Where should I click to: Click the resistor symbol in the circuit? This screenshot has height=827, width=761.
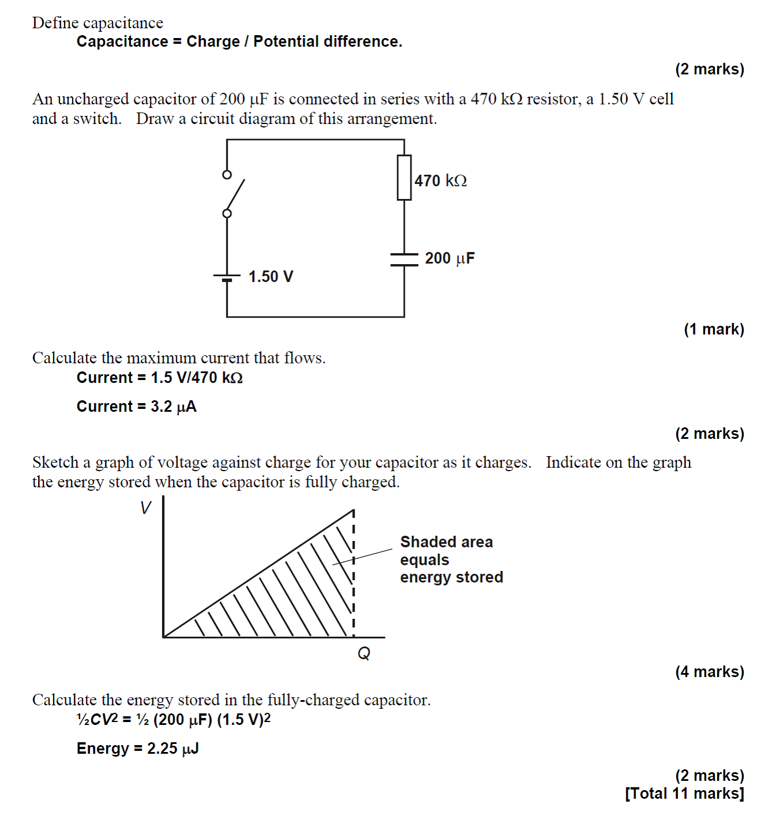404,178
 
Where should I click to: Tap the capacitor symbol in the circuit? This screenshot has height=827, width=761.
404,259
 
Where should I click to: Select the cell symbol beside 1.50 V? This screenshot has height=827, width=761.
227,277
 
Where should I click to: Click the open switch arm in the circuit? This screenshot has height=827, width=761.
235,194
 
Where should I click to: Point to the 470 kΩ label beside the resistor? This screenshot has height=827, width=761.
440,181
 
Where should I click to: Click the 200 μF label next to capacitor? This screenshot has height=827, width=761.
450,258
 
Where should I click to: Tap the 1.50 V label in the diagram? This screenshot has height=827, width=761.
270,277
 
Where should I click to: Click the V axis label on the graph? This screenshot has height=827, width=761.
145,508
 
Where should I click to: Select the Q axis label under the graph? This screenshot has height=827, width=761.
364,653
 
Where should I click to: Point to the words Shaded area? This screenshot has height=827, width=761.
446,542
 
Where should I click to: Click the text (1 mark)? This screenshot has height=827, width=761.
714,329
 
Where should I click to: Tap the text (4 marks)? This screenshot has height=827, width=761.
709,672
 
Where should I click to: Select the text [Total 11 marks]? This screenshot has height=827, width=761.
684,794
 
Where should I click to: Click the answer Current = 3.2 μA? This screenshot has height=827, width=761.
137,407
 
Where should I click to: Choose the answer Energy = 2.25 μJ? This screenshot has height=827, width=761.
137,749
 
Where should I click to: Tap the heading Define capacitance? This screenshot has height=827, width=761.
97,22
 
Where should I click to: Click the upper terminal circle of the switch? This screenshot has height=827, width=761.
227,174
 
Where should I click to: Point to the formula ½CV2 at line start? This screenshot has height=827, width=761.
97,720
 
